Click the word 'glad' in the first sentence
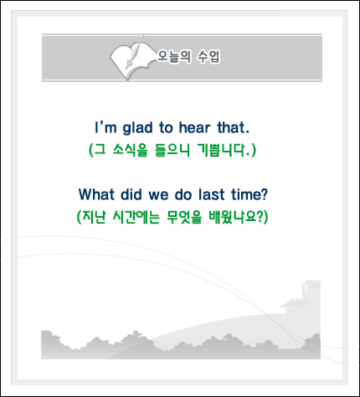click(137, 128)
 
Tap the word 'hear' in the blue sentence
click(194, 127)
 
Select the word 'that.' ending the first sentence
click(233, 127)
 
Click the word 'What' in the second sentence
click(96, 194)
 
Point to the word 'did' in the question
click(131, 194)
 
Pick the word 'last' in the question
click(211, 194)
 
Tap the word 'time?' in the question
click(249, 194)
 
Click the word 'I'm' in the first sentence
click(105, 127)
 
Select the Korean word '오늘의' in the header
click(174, 56)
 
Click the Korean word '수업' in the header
click(208, 56)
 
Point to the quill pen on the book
click(135, 52)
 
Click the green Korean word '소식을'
click(130, 150)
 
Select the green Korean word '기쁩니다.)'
click(227, 150)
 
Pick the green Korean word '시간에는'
click(136, 217)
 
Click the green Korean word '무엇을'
click(184, 217)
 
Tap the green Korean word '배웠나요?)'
click(239, 217)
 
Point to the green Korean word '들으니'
click(172, 150)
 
